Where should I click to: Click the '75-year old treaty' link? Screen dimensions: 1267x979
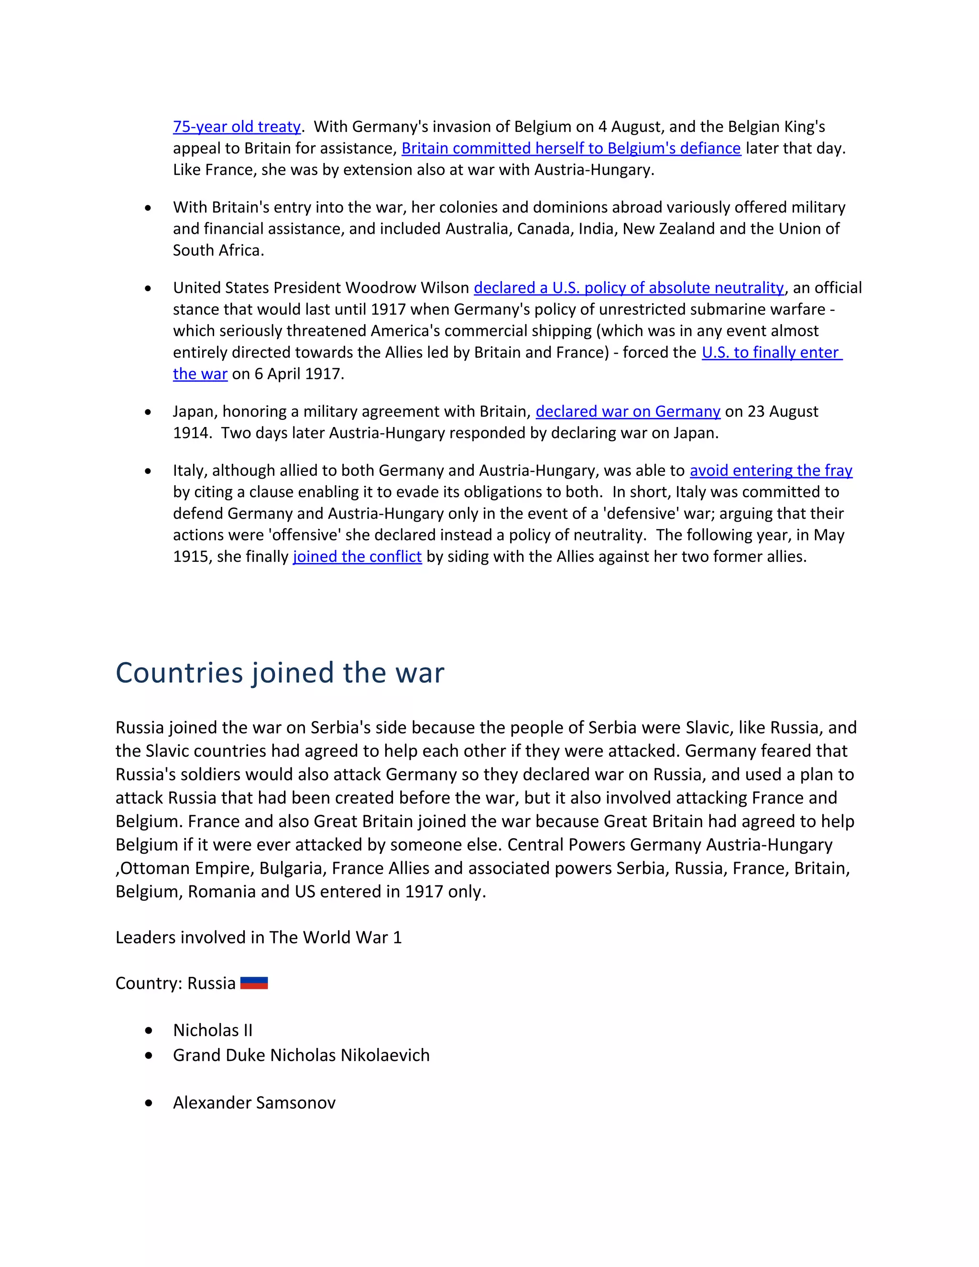[x=237, y=127]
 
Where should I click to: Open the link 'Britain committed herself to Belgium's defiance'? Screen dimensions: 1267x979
[x=571, y=149]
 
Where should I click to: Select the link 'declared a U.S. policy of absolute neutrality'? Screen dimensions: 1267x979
[x=629, y=288]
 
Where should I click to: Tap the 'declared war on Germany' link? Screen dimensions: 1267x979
[x=628, y=411]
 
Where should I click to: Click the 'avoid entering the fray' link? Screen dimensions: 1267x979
[x=770, y=470]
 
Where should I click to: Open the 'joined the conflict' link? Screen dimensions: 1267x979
[x=357, y=557]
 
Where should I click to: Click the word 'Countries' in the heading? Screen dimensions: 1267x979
[x=179, y=673]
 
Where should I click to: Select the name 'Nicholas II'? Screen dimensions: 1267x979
[x=212, y=1030]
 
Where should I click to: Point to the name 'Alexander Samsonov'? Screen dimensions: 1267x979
[x=254, y=1103]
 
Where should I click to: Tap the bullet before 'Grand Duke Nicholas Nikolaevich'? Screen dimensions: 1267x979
[x=149, y=1055]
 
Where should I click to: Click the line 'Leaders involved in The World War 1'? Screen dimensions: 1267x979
[x=258, y=938]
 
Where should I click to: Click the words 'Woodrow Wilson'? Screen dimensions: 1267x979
[x=407, y=288]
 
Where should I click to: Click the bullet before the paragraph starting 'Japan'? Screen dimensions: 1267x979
[x=149, y=412]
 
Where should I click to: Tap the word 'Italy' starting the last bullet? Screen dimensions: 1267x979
[x=190, y=470]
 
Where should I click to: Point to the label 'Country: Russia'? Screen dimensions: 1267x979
[x=175, y=983]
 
